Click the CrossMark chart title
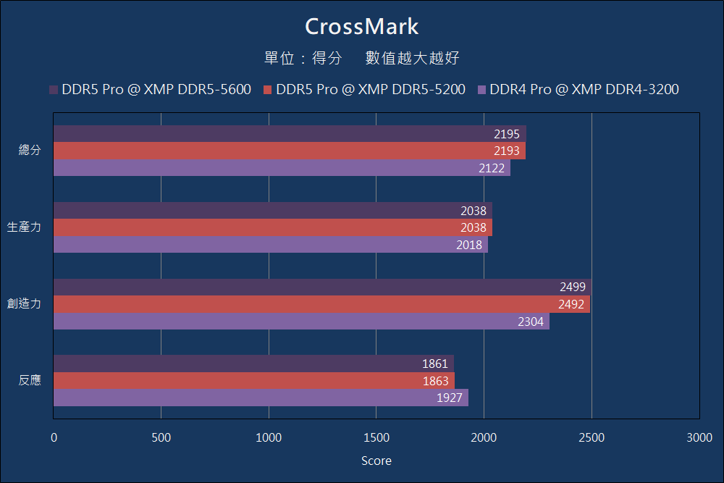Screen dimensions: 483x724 [x=361, y=26]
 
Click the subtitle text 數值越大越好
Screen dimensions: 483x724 [x=412, y=59]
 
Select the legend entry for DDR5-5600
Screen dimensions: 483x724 [x=150, y=90]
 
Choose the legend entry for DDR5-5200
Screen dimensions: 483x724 [x=364, y=90]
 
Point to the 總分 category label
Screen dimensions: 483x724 [x=30, y=151]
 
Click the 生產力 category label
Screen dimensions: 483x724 [x=24, y=227]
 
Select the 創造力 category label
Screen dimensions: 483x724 [x=24, y=304]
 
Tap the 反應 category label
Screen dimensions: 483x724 [x=30, y=380]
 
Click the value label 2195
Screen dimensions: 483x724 [x=507, y=134]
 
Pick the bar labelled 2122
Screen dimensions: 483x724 [x=282, y=168]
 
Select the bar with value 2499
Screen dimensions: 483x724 [x=322, y=287]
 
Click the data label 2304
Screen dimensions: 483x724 [x=531, y=322]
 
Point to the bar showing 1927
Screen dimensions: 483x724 [x=261, y=398]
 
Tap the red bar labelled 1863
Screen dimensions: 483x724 [x=254, y=381]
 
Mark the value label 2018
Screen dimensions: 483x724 [x=469, y=245]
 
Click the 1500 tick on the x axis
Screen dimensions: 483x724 [x=376, y=437]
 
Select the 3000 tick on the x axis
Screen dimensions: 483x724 [x=699, y=437]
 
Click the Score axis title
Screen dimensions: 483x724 [x=376, y=461]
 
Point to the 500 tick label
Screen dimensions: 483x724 [x=161, y=437]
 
